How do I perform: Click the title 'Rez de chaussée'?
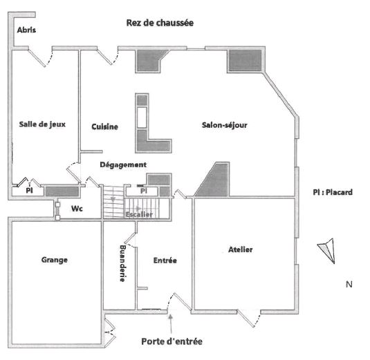coord(160,23)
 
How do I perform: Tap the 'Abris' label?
coord(26,30)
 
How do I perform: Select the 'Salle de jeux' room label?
coord(42,124)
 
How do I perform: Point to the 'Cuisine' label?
coord(104,126)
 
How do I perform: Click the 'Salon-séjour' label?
coord(225,125)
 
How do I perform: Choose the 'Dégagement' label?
coord(123,164)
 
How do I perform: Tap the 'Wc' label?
coord(77,209)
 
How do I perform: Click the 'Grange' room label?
coord(55,260)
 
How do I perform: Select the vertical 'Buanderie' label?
coord(122,263)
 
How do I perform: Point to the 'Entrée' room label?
coord(165,260)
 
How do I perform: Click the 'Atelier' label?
coord(241,249)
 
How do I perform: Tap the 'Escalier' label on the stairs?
coord(139,214)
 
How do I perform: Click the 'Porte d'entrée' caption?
coord(172,341)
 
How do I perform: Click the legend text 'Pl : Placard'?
coord(333,192)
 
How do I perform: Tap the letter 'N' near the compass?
coord(349,284)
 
